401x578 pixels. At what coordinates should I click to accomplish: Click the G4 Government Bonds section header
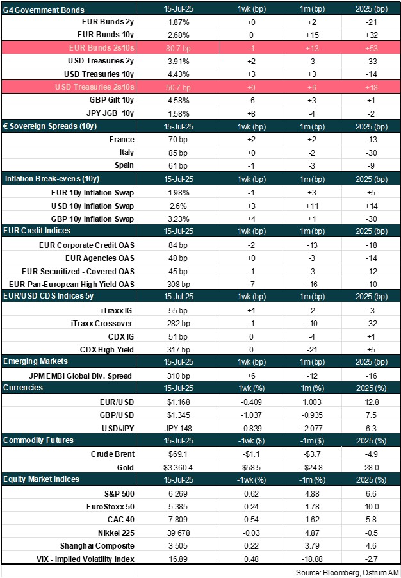44,10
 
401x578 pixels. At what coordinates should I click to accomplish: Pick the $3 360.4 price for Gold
177,466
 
